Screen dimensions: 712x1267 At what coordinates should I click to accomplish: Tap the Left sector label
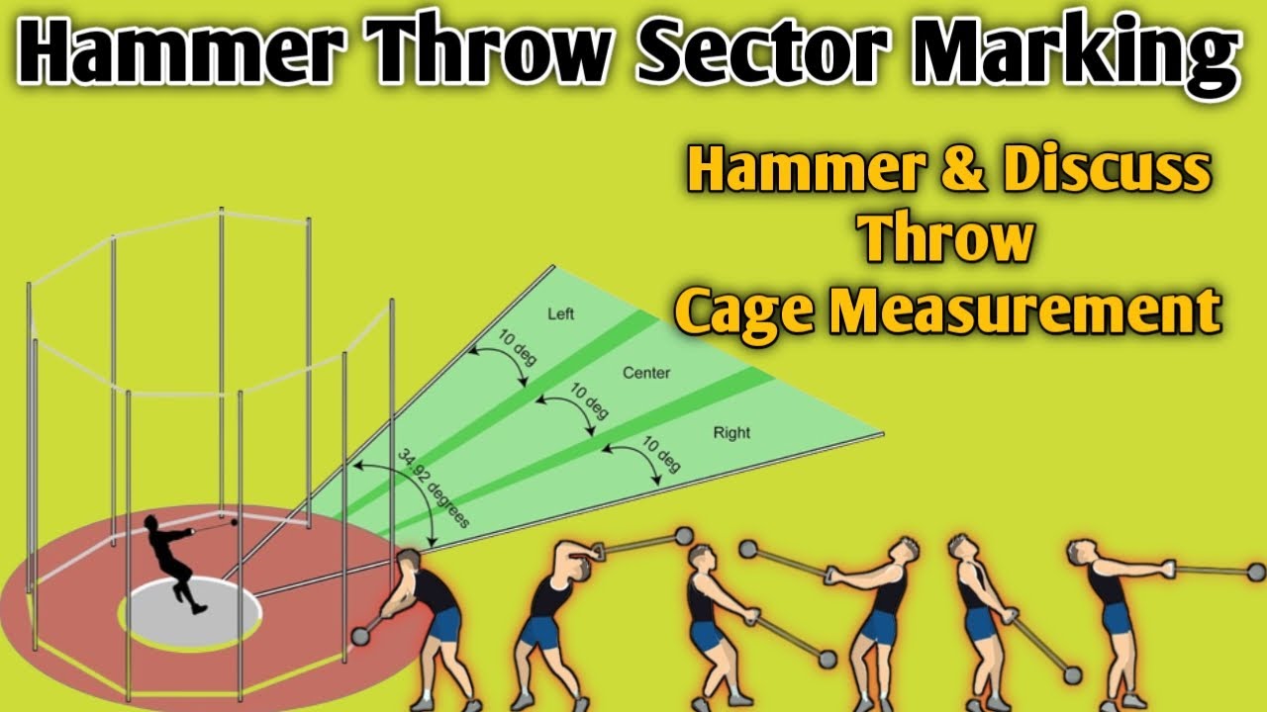point(560,314)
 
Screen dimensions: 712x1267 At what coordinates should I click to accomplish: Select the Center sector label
point(646,373)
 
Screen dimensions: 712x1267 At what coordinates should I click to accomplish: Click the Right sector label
point(731,432)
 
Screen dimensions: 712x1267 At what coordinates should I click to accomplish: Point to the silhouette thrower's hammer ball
point(235,524)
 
